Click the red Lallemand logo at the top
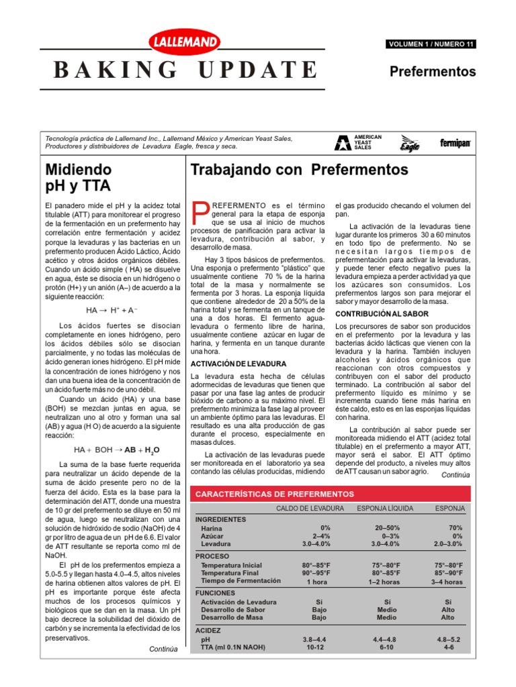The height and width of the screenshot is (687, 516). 183,43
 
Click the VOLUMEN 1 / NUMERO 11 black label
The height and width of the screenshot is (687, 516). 431,44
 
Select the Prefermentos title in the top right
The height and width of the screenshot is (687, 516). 433,71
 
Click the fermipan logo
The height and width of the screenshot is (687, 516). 455,143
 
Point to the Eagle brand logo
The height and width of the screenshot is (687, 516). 410,142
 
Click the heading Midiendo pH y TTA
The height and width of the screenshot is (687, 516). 79,177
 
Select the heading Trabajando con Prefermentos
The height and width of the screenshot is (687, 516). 300,169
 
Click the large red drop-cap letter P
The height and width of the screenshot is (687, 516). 200,213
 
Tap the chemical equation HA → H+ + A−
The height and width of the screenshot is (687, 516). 112,311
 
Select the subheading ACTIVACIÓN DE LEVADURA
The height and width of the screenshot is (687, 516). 229,364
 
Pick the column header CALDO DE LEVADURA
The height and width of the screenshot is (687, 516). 310,509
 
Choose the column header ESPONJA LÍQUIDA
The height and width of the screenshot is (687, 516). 385,509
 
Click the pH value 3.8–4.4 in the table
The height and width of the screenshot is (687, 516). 316,639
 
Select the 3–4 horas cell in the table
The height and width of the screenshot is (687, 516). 447,582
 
